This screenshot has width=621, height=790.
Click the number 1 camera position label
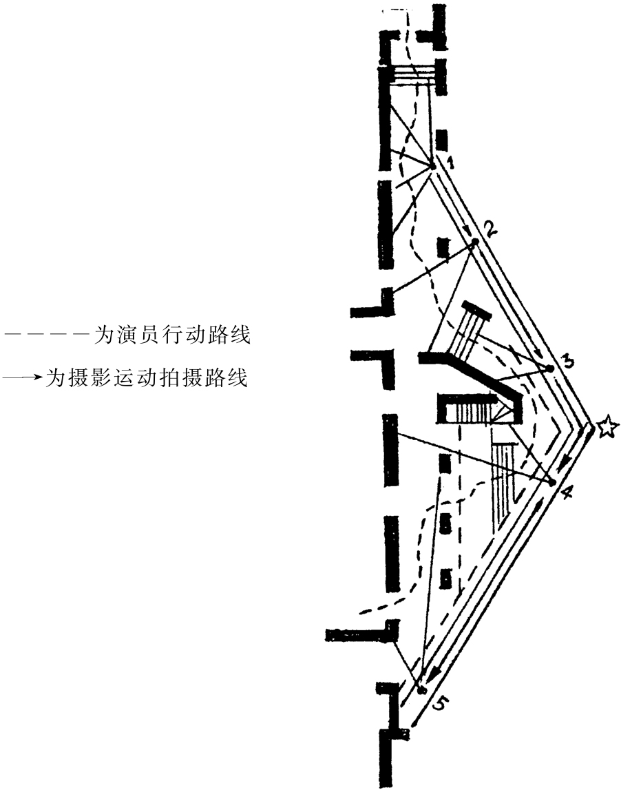(x=449, y=163)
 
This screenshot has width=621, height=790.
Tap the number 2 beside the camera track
(x=490, y=229)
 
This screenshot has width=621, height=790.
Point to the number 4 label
(x=566, y=493)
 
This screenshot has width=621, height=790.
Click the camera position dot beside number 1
(x=433, y=166)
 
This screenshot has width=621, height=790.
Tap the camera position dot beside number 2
(x=474, y=242)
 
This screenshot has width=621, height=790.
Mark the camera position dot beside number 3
(x=550, y=368)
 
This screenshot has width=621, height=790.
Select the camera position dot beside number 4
(x=551, y=482)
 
